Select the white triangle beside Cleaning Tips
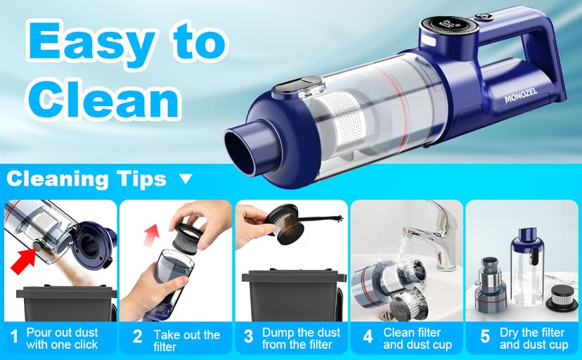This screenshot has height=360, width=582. [186, 179]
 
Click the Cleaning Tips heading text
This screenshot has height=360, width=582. [86, 179]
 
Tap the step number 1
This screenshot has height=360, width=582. [13, 337]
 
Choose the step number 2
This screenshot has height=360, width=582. [138, 337]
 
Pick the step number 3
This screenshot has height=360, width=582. [248, 337]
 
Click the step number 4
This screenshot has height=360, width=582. [368, 337]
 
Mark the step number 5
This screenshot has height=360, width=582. [484, 337]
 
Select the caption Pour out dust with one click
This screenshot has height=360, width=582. [62, 338]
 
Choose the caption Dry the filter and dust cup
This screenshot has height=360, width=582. [533, 338]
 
